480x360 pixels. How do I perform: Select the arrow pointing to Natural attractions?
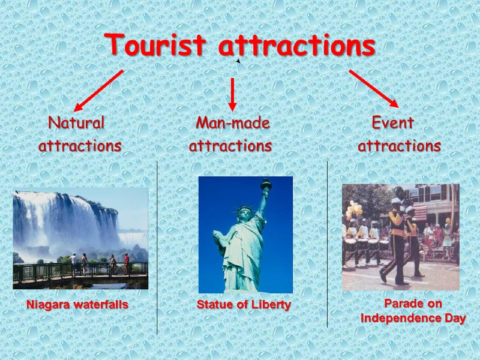coord(98,90)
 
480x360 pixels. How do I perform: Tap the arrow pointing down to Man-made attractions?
coord(232,94)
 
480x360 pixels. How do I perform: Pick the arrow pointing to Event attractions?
coord(373,88)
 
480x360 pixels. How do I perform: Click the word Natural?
coord(76,123)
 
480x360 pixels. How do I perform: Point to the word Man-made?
coord(233,123)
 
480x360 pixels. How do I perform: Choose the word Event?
coord(393,123)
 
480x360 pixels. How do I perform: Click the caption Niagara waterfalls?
coord(77,305)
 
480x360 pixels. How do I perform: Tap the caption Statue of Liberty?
coord(244,305)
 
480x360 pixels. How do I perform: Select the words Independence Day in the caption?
coord(413,319)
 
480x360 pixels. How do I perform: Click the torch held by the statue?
coord(265,184)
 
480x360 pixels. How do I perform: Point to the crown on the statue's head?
coord(244,210)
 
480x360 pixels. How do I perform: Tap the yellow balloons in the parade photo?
coord(354,210)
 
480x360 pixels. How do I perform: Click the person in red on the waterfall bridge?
coord(126,263)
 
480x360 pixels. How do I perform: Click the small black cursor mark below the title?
coord(238,61)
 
